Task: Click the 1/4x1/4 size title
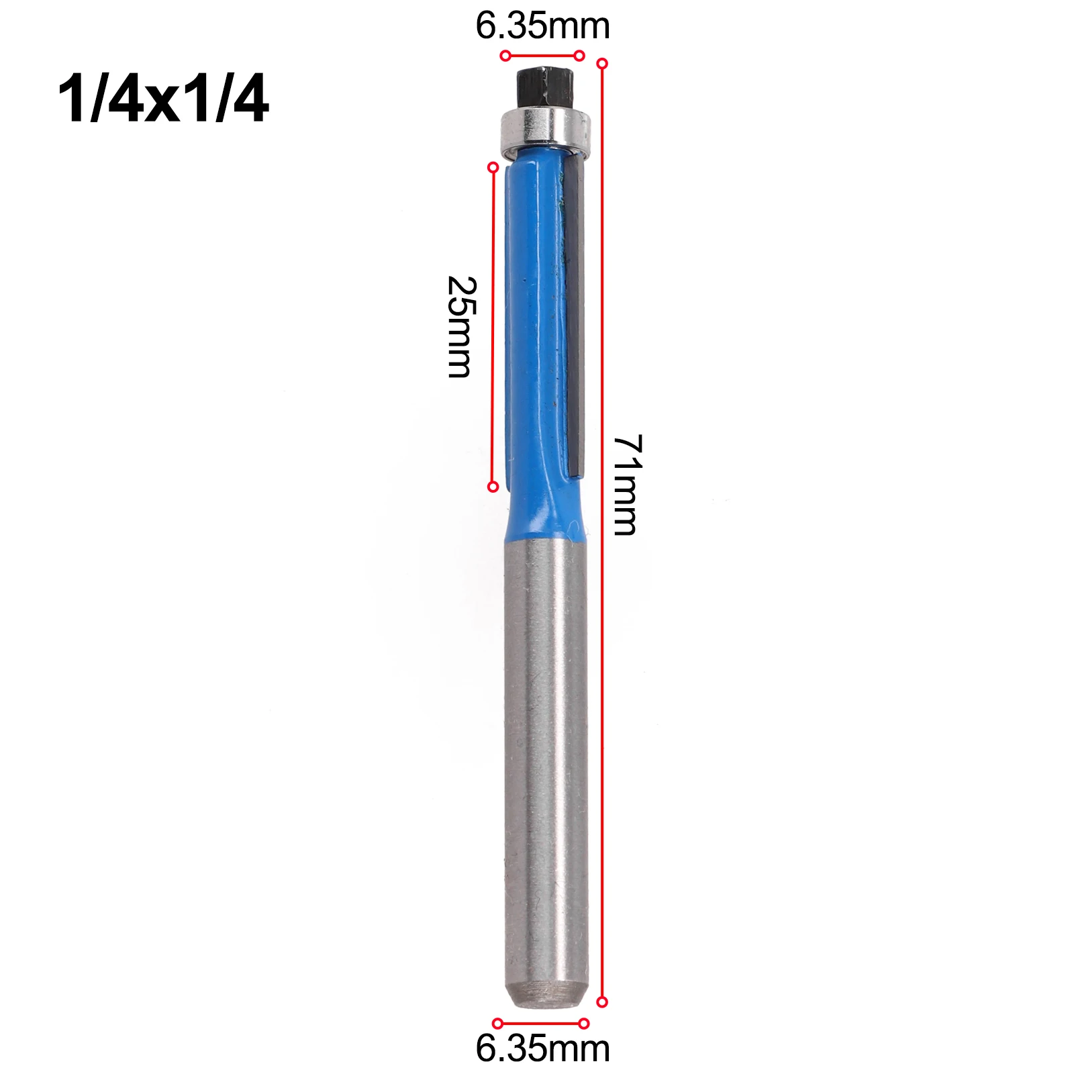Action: click(x=163, y=99)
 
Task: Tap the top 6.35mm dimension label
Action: click(x=542, y=26)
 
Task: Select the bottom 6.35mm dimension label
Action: click(x=542, y=1048)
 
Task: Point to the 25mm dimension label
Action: click(x=461, y=326)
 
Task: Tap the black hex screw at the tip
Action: click(x=544, y=86)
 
